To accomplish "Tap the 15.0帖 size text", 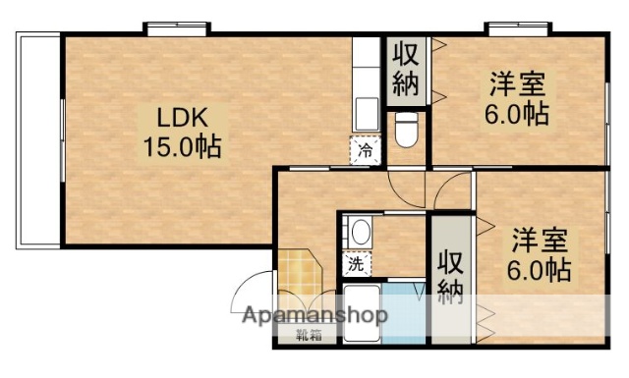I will [182, 147].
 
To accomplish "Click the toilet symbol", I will [406, 128].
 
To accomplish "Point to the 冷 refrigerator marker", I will [365, 150].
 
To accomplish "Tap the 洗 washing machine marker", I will [355, 263].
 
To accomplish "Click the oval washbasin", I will [361, 233].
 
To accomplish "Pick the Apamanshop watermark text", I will [311, 316].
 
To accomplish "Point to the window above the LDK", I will [177, 28].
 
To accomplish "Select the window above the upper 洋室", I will [513, 28].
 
